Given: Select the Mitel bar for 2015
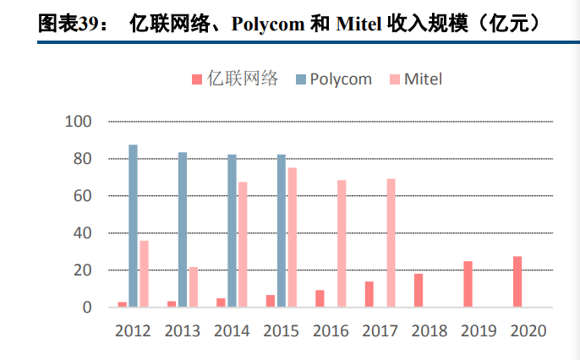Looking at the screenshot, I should point(292,237).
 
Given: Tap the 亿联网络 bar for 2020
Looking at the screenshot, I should point(517,281).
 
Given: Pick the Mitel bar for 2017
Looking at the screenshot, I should point(391,243).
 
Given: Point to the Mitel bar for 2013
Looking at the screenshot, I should point(193,287).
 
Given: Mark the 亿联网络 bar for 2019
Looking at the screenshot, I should point(468,284).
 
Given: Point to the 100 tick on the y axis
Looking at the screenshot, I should point(78,122).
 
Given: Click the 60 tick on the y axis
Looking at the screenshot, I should point(82,196).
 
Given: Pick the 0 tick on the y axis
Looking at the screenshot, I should point(86,308).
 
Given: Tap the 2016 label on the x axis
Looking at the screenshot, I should point(331,330).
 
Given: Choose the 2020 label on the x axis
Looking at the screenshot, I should point(528,330).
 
